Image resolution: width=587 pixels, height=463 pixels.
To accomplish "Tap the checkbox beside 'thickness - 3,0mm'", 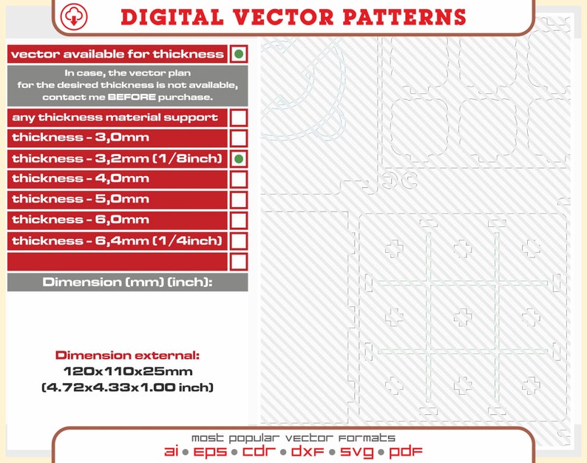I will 239,138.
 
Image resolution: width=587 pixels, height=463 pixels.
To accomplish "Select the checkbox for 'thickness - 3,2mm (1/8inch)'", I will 239,158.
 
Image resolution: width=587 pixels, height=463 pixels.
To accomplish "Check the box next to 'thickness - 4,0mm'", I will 239,179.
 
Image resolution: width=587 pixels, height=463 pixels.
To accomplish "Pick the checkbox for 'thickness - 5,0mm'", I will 239,199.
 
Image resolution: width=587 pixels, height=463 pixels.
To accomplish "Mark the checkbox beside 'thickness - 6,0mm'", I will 239,220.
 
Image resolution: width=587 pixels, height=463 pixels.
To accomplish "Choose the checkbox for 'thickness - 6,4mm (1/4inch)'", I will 239,240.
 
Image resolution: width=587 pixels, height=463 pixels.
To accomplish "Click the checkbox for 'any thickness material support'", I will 239,118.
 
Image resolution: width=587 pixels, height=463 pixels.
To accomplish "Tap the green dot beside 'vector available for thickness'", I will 238,54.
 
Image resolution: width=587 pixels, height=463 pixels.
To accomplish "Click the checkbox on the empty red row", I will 239,261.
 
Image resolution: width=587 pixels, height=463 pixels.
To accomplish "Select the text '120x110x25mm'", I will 127,371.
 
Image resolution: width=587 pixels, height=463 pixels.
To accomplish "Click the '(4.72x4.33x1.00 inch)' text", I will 127,387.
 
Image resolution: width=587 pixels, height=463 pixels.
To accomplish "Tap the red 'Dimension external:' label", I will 127,356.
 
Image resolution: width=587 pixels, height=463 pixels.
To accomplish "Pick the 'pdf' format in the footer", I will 405,451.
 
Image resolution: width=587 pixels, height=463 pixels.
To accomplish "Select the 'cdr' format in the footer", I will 261,451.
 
